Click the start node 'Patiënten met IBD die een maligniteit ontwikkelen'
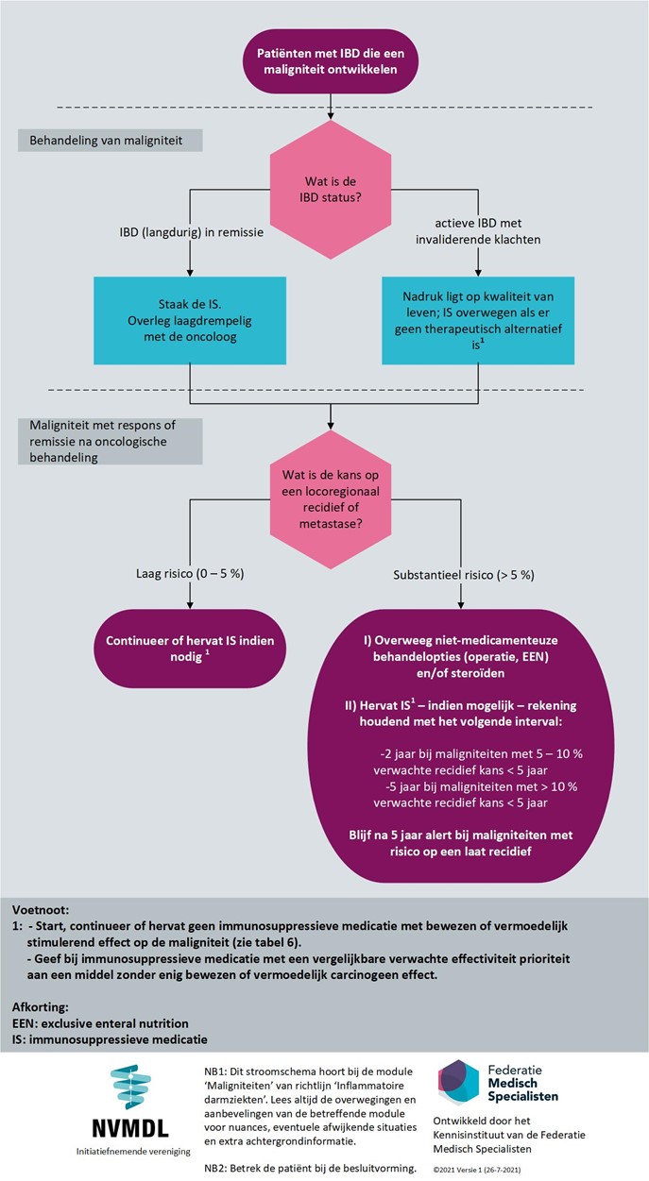click(331, 61)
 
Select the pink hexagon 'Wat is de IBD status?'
click(331, 189)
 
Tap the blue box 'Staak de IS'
click(190, 321)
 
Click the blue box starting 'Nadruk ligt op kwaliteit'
click(478, 321)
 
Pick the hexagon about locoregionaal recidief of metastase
click(331, 499)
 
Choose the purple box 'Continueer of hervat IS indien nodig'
click(190, 649)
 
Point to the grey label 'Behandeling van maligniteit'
click(110, 141)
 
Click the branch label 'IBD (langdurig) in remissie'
click(192, 232)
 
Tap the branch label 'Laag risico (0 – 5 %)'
click(190, 573)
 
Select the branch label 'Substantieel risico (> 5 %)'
click(464, 575)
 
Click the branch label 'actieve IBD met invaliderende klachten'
click(478, 231)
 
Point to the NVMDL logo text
click(130, 1128)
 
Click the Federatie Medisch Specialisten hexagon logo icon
click(458, 1083)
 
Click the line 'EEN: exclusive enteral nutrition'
click(100, 1023)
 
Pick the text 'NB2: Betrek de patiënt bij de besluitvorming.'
click(310, 1168)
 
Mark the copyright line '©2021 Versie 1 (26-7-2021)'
click(477, 1170)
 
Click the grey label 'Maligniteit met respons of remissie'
click(110, 441)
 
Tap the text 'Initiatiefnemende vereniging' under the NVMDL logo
click(133, 1151)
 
